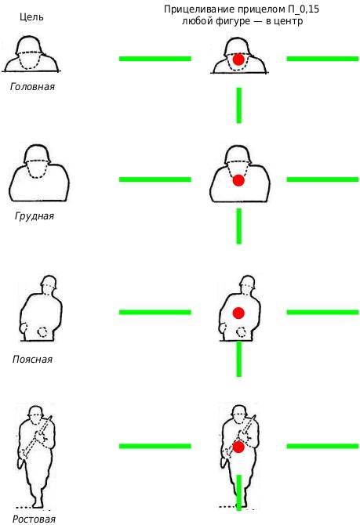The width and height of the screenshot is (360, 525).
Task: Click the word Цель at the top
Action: pos(31,16)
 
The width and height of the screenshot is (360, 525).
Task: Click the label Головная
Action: pos(32,87)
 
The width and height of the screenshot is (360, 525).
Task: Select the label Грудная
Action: pos(35,216)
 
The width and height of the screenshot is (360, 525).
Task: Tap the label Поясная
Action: pos(32,359)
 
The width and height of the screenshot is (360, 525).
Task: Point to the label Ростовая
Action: pos(34,519)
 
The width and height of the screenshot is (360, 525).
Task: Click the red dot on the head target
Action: pos(238,60)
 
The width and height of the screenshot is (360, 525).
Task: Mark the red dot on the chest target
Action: pos(238,180)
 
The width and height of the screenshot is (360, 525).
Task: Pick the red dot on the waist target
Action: pos(238,313)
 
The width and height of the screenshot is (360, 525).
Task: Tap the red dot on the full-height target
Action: pos(238,447)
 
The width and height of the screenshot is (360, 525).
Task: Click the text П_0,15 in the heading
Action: pos(303,9)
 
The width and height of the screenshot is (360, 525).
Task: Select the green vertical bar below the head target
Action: pos(239,106)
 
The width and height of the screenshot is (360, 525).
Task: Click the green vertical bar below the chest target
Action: pos(239,226)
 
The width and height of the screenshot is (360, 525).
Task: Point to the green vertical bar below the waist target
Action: pos(239,359)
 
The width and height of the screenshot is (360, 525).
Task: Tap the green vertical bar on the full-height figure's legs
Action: pos(239,493)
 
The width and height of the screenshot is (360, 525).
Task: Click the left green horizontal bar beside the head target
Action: pos(155,59)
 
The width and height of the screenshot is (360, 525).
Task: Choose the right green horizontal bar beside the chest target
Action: pos(322,179)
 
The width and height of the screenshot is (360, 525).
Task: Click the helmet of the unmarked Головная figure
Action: pos(28,46)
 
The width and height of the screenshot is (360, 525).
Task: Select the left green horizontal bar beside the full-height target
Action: pos(155,446)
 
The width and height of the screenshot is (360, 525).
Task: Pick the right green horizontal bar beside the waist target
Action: pos(322,313)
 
